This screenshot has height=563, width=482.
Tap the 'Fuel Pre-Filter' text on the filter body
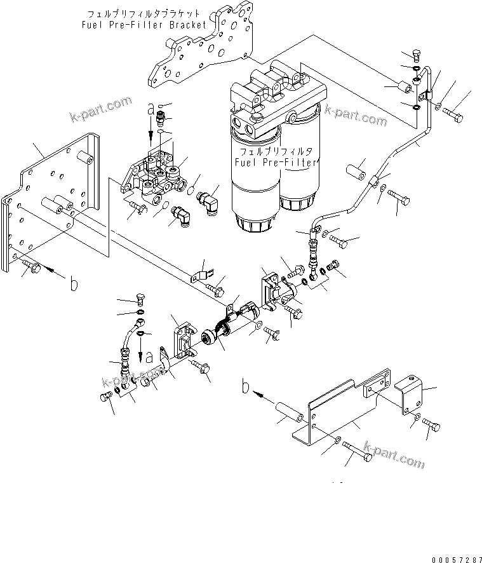point(275,163)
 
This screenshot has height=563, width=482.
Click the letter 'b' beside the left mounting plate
point(74,285)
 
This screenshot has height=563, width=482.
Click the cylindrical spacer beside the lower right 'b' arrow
point(291,411)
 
